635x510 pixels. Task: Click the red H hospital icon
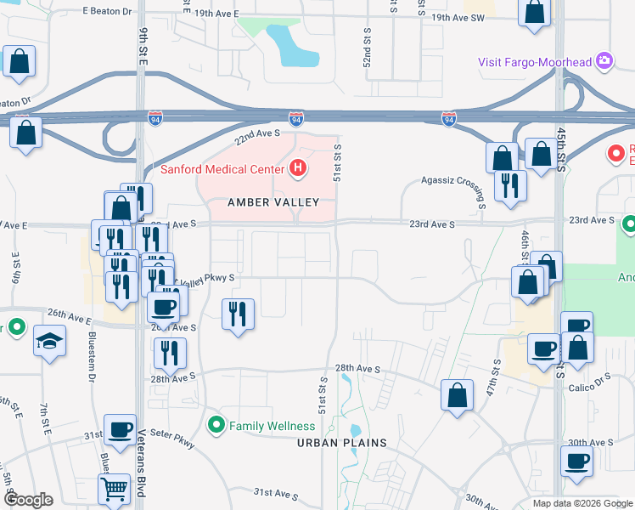tap(297, 168)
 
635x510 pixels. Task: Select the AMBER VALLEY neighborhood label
tap(273, 202)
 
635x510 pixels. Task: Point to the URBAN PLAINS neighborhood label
tap(341, 443)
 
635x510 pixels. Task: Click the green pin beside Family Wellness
tap(217, 425)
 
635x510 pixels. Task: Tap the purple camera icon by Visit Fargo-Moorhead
tap(604, 60)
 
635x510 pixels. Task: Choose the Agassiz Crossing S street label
tap(453, 180)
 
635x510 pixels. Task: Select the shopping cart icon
tap(114, 488)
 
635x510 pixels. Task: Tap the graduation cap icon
tap(49, 342)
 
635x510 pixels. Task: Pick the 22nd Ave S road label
tap(257, 133)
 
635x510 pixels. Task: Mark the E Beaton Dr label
tap(110, 11)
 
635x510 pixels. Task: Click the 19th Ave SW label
tap(458, 17)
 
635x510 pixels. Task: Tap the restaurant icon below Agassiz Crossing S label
tap(510, 184)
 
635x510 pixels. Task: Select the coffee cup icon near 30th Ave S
tap(577, 462)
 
